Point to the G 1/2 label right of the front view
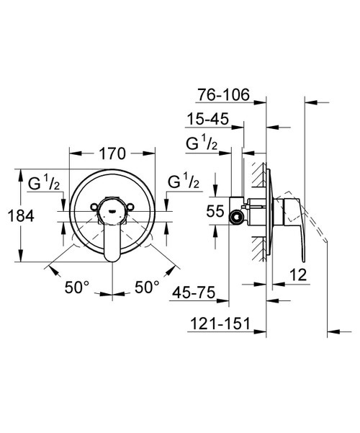click(x=182, y=182)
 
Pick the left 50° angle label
click(x=76, y=287)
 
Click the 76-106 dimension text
click(x=225, y=94)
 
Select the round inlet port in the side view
click(x=233, y=215)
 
